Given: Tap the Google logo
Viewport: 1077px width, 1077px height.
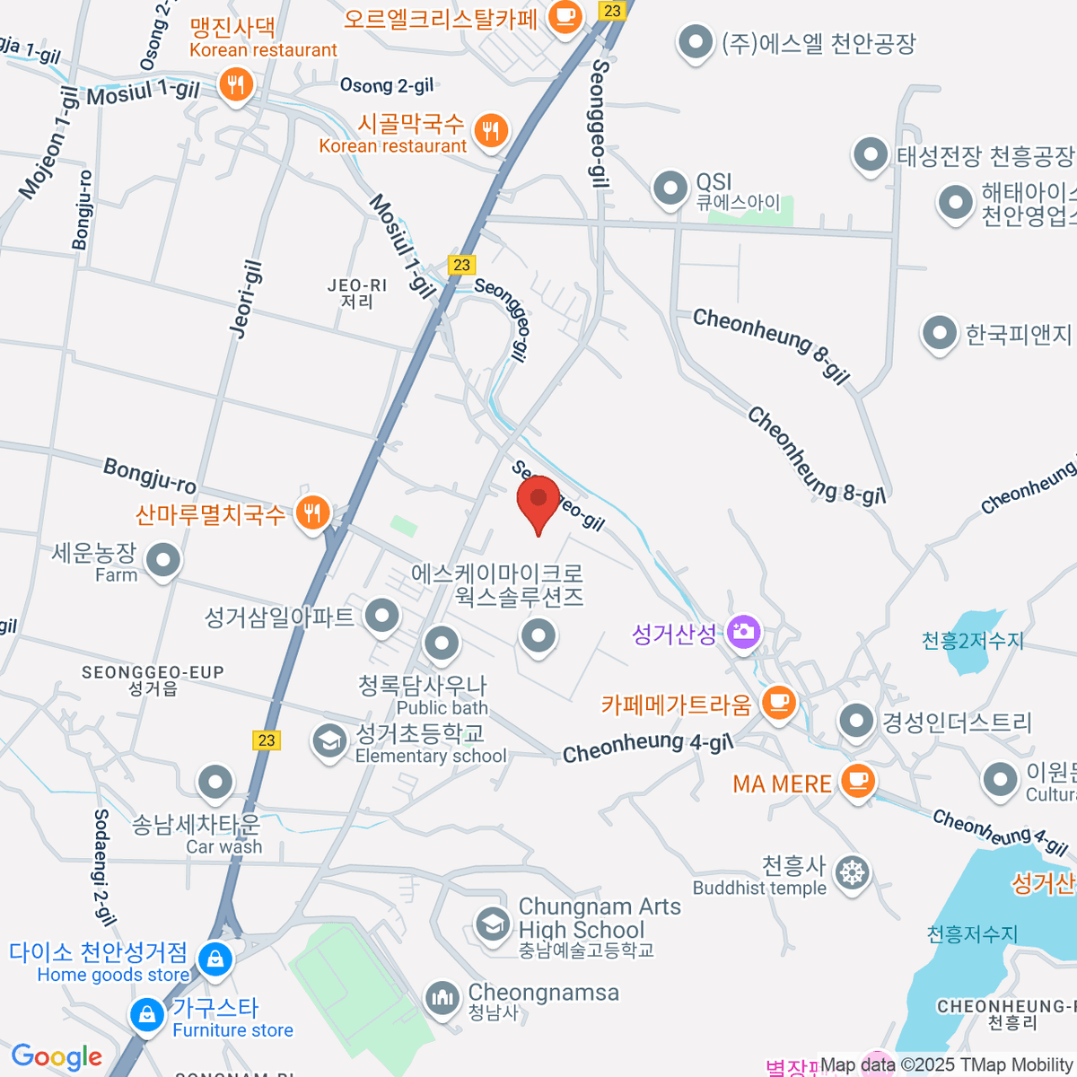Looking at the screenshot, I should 57,1056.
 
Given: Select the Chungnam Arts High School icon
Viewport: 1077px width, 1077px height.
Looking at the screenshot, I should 492,924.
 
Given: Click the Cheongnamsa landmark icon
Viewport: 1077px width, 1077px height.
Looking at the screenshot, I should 442,997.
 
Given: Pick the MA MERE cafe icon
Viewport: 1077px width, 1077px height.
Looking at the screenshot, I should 857,779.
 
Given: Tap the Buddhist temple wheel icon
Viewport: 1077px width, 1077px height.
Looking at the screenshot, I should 852,872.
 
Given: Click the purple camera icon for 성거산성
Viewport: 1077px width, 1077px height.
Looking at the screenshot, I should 742,632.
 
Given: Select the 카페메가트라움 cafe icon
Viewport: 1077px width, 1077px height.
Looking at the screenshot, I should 779,701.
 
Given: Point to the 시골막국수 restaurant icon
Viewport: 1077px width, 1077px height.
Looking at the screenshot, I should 490,131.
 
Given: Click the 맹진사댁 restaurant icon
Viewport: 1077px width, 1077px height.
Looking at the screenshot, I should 235,86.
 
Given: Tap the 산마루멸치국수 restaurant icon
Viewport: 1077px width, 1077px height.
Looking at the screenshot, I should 312,512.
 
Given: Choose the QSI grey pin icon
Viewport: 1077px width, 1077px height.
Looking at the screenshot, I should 670,188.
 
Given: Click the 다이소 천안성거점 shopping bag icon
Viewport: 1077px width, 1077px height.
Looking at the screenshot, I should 215,959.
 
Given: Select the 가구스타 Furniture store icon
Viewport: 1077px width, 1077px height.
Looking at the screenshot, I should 146,1015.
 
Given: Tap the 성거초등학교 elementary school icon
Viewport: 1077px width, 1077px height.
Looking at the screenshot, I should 329,741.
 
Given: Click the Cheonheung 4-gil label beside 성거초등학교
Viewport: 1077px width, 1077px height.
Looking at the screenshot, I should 648,746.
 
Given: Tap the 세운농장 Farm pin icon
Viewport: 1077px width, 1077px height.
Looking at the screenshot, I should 163,560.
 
